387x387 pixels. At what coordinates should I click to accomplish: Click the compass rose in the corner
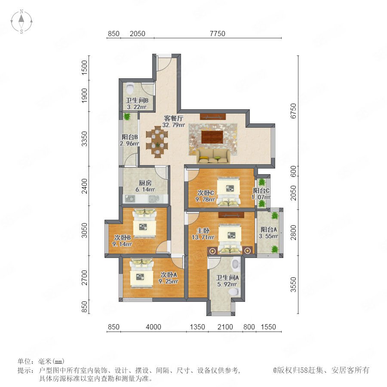(21, 21)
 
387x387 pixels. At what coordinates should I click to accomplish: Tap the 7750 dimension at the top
(218, 34)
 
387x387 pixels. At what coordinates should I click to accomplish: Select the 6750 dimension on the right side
(293, 111)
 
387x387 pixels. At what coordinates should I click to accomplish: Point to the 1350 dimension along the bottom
(197, 327)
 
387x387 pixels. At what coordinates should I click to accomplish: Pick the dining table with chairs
(157, 142)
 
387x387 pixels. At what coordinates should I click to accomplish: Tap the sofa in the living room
(213, 156)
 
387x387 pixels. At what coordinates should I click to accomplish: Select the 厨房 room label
(145, 183)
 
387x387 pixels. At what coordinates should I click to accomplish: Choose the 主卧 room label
(203, 231)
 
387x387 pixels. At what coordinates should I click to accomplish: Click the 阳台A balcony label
(269, 230)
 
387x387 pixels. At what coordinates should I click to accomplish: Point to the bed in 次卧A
(141, 273)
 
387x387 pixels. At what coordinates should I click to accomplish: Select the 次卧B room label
(122, 237)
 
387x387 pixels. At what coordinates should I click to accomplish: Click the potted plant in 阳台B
(127, 117)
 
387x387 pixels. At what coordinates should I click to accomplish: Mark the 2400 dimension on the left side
(85, 186)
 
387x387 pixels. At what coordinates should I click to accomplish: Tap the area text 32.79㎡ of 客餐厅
(174, 125)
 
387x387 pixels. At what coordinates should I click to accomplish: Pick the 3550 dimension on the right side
(293, 285)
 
